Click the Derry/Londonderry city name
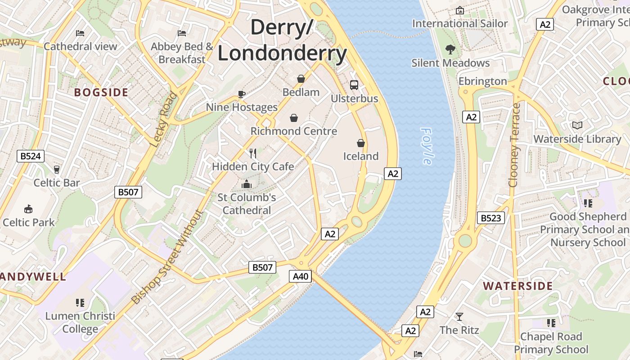coord(282,40)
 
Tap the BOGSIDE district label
coord(101,93)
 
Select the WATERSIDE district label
coord(518,286)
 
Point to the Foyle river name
coord(427,146)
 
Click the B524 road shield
coord(31,156)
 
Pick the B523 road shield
coord(490,218)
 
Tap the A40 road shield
coord(300,276)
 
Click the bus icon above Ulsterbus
coord(354,85)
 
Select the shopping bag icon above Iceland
coord(360,143)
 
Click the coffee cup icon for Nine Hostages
coord(242,94)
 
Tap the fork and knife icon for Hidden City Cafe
coord(253,153)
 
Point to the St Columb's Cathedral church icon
coord(246,184)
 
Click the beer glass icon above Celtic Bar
coord(56,170)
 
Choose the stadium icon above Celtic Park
coord(28,209)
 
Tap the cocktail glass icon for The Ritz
coord(459,317)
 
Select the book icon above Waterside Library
coord(577,126)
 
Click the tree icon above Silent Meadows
coord(450,49)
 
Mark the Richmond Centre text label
coord(293,131)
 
